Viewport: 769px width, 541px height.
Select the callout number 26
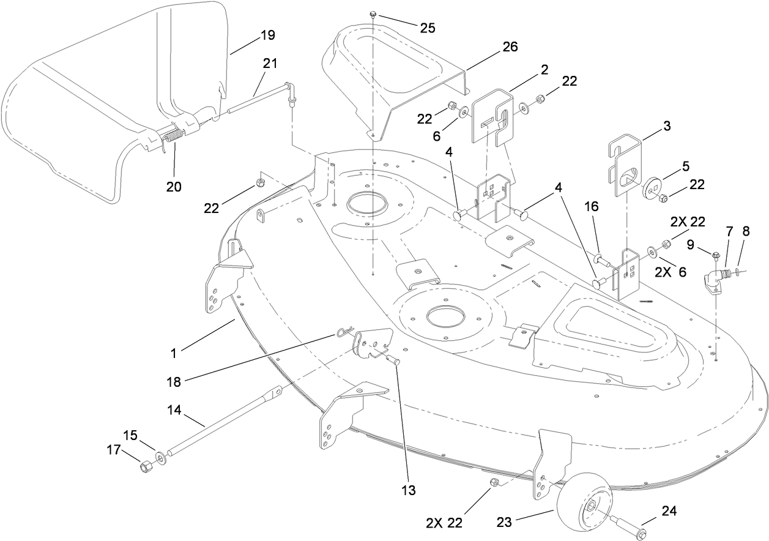coord(509,47)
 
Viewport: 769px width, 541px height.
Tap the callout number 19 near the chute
coord(267,35)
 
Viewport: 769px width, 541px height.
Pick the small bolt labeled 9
coord(716,255)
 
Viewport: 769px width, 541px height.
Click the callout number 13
coord(408,490)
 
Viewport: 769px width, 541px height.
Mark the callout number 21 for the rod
coord(270,63)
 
